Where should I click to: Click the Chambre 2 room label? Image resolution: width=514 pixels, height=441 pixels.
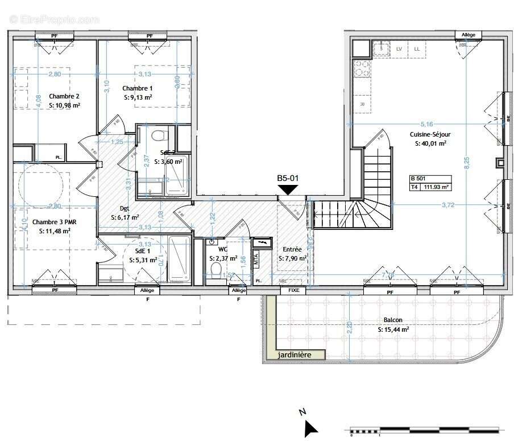tap(64, 96)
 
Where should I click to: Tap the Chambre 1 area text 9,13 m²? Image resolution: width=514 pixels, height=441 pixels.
tap(138, 97)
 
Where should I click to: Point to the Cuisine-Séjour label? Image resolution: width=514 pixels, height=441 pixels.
tap(430, 135)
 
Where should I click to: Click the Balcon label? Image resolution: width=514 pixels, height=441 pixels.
tap(393, 320)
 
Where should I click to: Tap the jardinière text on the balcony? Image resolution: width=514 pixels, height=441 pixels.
tap(294, 355)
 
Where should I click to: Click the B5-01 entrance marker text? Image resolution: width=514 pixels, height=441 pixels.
tap(288, 178)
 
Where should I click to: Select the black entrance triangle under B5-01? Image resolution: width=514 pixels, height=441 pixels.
tap(288, 189)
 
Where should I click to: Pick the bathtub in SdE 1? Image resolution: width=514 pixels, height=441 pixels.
tap(179, 259)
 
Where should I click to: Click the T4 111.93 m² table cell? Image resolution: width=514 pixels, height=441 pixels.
tap(430, 186)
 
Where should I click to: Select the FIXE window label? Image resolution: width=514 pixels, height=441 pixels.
tap(293, 290)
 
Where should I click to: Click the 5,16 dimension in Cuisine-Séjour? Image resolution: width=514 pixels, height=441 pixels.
tap(426, 124)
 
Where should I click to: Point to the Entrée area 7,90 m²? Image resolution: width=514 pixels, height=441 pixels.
tap(293, 258)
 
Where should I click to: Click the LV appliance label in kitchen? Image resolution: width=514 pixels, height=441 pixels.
tap(399, 50)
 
